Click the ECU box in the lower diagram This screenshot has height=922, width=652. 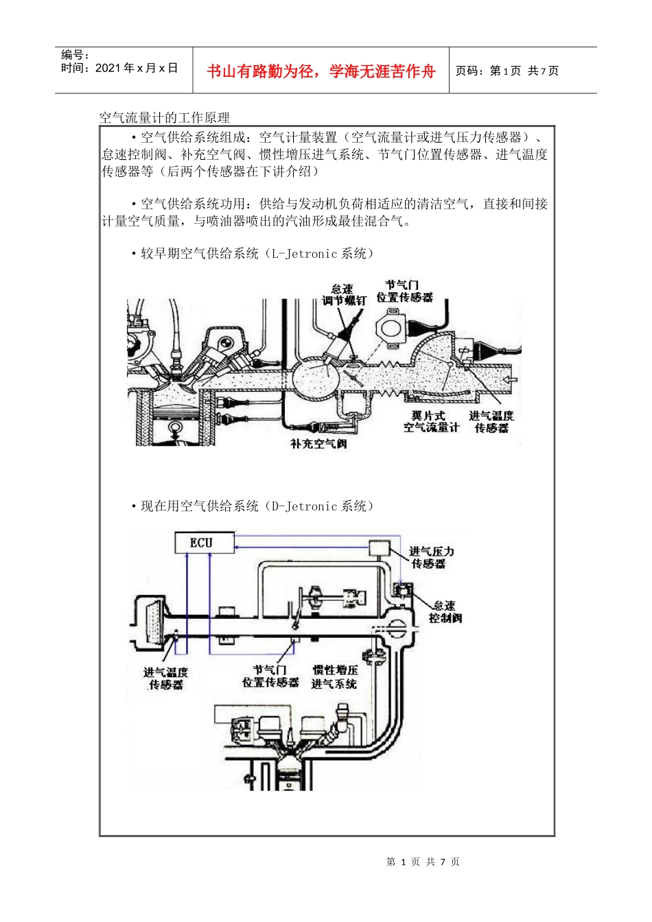click(202, 543)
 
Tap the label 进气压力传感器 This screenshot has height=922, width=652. click(430, 557)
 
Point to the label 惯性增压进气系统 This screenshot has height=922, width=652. click(335, 676)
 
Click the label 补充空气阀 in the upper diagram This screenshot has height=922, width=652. click(318, 444)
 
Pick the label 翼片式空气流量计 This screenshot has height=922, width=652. click(430, 421)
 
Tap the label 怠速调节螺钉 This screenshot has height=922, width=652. click(343, 295)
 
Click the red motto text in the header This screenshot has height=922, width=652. click(321, 71)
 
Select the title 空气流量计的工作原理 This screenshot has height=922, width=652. click(165, 118)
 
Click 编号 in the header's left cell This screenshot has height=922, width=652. click(75, 55)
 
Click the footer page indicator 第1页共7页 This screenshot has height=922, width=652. click(423, 862)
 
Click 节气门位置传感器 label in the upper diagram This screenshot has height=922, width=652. click(404, 291)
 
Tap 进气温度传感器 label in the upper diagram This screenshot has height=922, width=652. click(491, 421)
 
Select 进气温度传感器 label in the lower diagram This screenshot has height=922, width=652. click(165, 678)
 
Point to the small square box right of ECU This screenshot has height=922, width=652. click(380, 547)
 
